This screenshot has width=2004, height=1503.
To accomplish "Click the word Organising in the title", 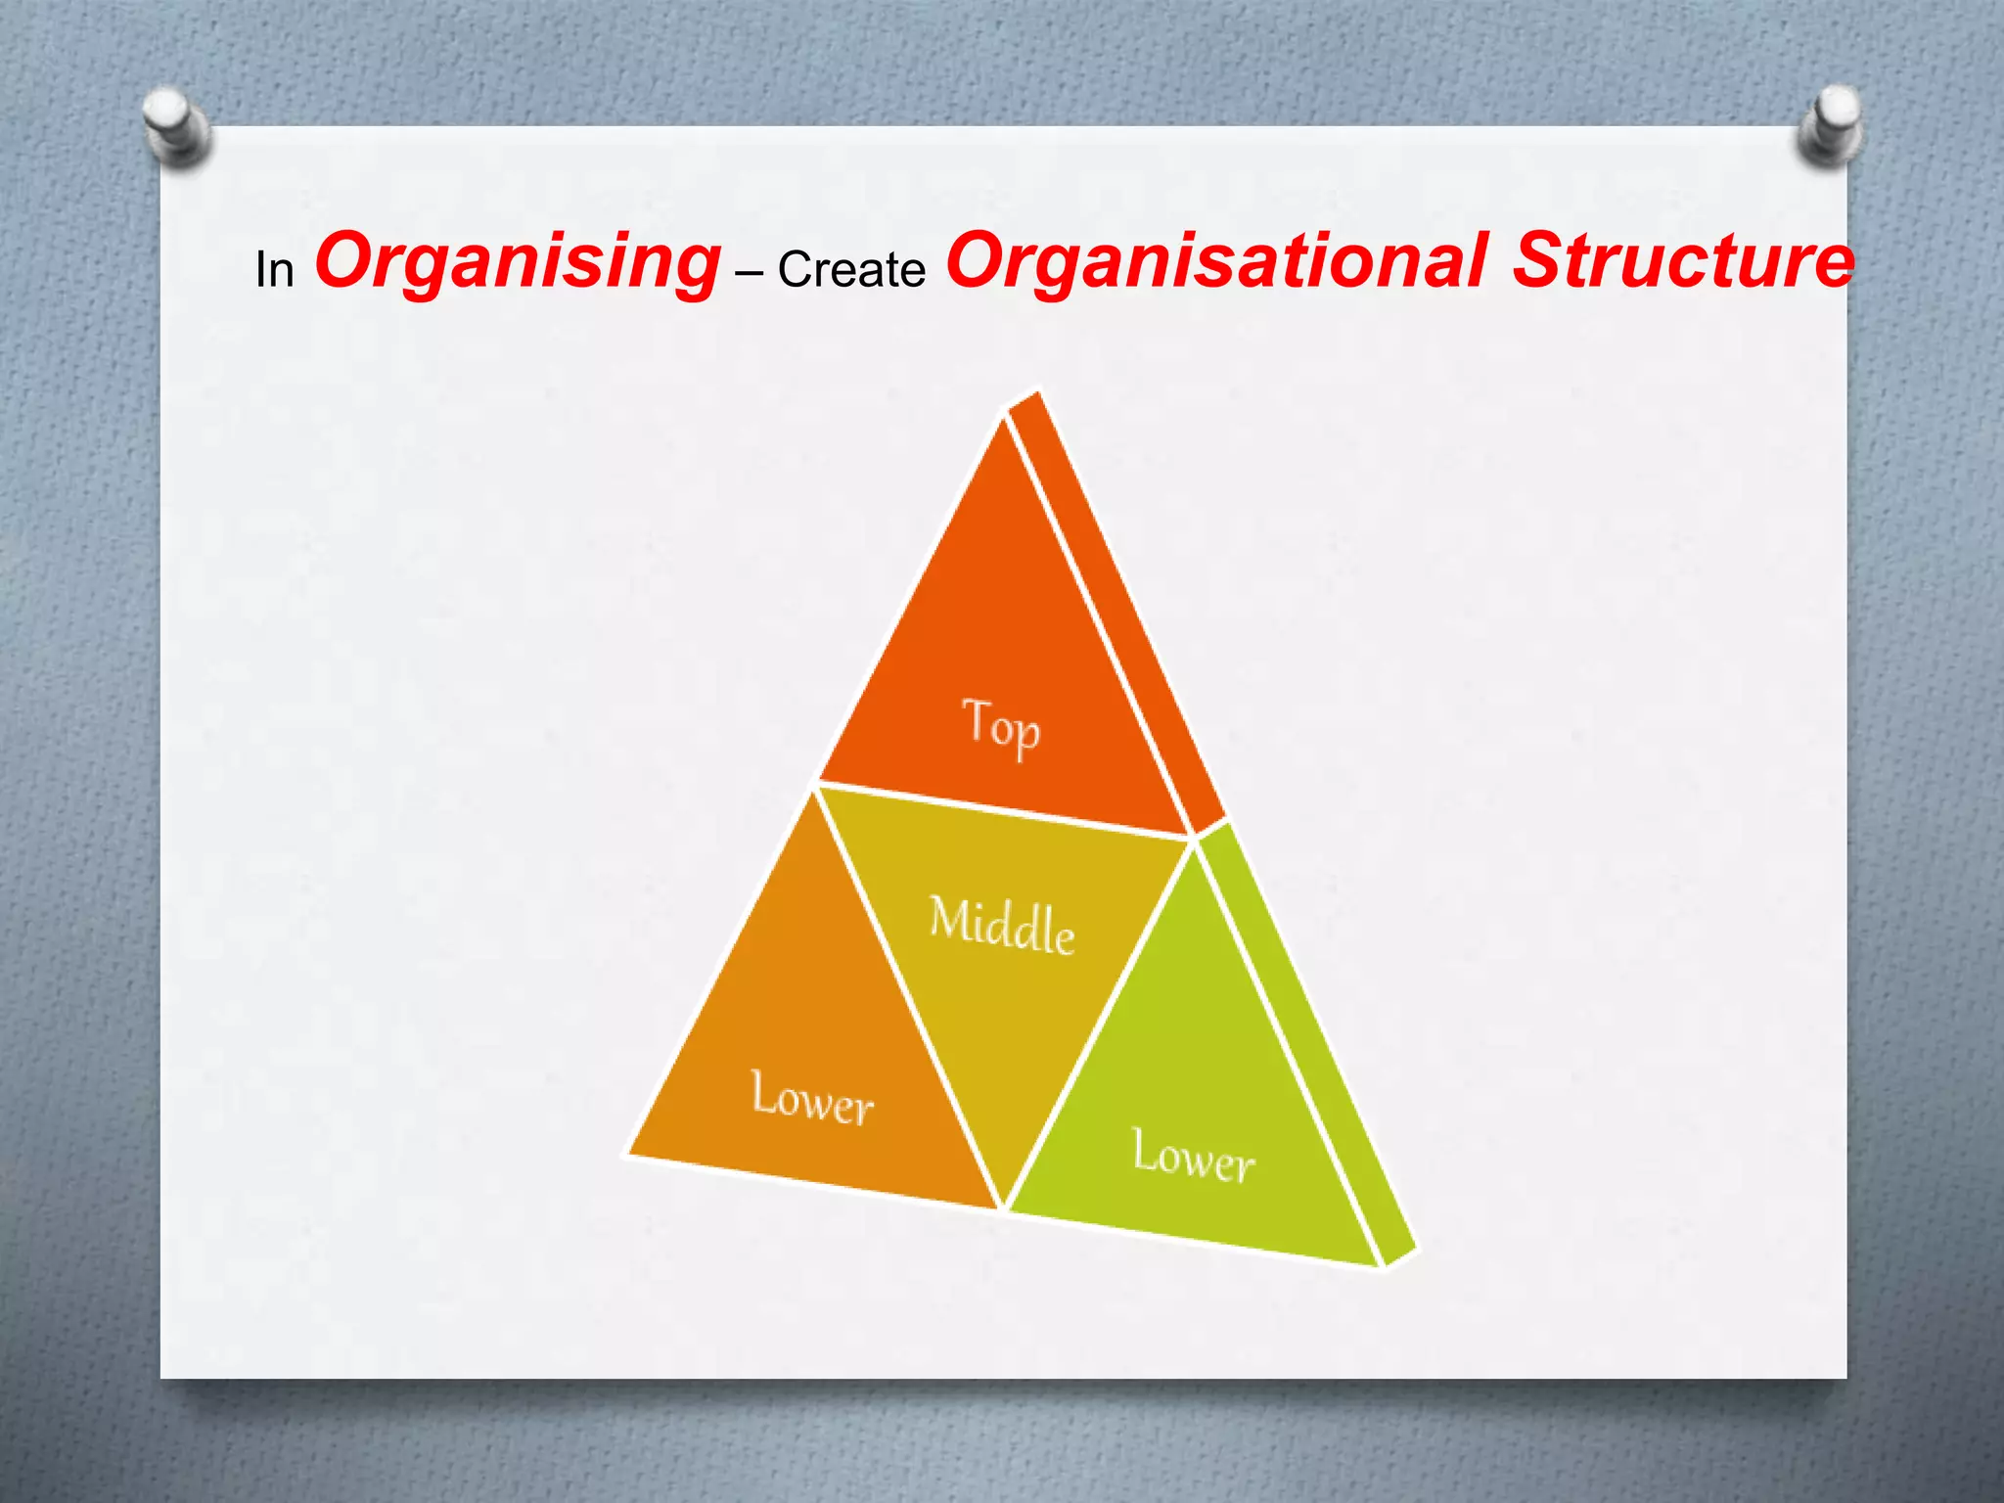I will [x=517, y=262].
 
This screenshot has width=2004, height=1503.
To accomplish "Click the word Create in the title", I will [x=851, y=270].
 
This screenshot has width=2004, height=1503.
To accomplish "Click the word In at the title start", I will [x=274, y=270].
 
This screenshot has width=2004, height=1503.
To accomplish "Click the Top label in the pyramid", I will [x=1001, y=726].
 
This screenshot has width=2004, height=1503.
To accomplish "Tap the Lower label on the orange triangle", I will [x=811, y=1098].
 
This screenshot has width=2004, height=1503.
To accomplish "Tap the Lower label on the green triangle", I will [x=1193, y=1157].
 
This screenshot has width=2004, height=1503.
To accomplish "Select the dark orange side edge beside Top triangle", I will [x=1116, y=607].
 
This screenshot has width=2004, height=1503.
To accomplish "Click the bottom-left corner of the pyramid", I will [x=629, y=1154].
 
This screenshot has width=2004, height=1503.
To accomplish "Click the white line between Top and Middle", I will [x=1003, y=810].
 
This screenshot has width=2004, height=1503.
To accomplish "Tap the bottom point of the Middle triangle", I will [x=1004, y=1206].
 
